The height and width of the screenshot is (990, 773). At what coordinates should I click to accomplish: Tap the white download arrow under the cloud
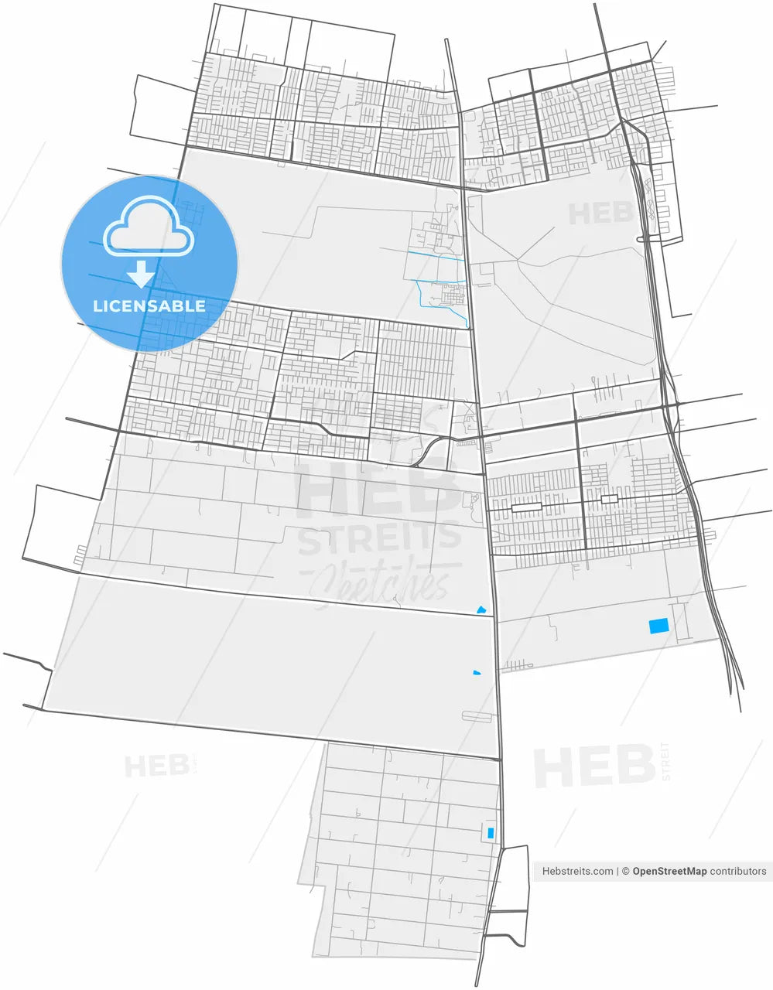pyautogui.click(x=140, y=274)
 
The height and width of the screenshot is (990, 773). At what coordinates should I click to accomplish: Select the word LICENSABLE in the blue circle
pyautogui.click(x=149, y=306)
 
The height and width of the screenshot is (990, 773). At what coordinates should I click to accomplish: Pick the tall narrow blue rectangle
pyautogui.click(x=489, y=833)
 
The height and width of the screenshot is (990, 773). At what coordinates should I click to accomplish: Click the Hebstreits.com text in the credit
pyautogui.click(x=578, y=871)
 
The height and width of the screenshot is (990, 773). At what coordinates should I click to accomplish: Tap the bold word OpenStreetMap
pyautogui.click(x=669, y=871)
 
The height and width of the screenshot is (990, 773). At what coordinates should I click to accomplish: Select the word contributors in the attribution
pyautogui.click(x=738, y=871)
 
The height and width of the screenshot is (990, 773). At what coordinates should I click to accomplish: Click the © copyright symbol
pyautogui.click(x=625, y=871)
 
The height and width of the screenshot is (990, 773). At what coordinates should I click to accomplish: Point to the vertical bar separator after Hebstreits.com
pyautogui.click(x=617, y=871)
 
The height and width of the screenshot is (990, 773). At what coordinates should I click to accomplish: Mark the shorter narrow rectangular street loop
pyautogui.click(x=610, y=500)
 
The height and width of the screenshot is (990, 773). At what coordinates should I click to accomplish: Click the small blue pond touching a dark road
pyautogui.click(x=482, y=611)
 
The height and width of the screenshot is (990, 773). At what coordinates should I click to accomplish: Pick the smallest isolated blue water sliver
pyautogui.click(x=477, y=673)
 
